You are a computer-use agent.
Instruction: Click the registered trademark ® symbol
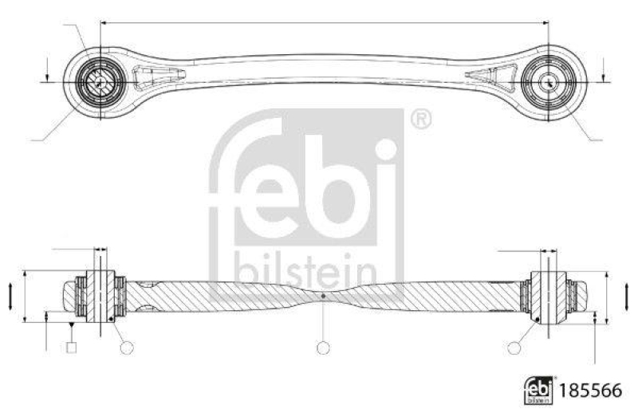pos(421,120)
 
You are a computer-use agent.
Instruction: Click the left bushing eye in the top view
pos(100,81)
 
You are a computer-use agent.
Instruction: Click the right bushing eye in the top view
pos(549,81)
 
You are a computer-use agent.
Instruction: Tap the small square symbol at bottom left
pos(72,347)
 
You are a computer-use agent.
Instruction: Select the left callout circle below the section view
pos(125,347)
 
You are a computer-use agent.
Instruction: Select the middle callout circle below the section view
pos(322,348)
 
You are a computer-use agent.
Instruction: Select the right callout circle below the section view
pos(515,347)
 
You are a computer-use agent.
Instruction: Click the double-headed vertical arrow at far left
pos(9,297)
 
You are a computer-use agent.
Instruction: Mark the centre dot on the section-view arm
pos(322,296)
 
